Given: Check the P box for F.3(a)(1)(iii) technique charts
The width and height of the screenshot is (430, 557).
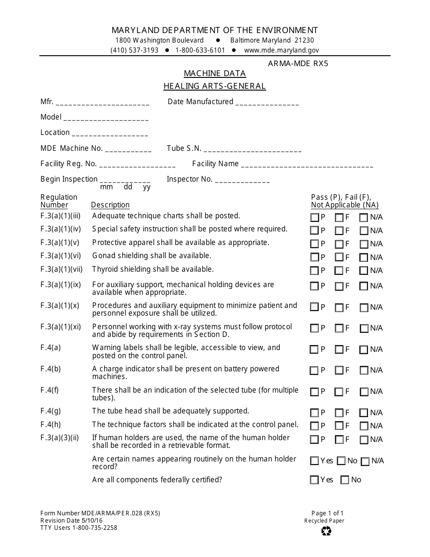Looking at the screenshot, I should pyautogui.click(x=315, y=218).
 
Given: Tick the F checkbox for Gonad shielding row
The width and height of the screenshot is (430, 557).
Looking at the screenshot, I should pyautogui.click(x=339, y=258).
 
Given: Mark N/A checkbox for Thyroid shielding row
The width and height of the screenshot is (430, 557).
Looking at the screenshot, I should pyautogui.click(x=363, y=271).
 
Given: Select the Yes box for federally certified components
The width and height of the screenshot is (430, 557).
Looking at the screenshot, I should pyautogui.click(x=315, y=480).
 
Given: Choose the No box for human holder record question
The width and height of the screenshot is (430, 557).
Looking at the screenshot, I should pyautogui.click(x=342, y=461).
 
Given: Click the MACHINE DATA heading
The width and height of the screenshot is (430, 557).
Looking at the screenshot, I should pyautogui.click(x=215, y=73).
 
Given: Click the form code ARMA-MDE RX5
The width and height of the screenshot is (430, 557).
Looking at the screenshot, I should pyautogui.click(x=298, y=63).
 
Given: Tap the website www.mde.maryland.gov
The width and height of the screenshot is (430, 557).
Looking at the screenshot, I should pyautogui.click(x=282, y=50).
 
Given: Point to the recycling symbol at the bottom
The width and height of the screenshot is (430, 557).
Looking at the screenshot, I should pyautogui.click(x=326, y=531).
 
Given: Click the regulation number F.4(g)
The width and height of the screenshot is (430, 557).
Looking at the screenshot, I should pyautogui.click(x=50, y=411).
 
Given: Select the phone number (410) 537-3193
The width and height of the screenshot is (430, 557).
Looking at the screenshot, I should pyautogui.click(x=134, y=50).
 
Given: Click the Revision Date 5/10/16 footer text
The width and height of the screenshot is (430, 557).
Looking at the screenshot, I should pyautogui.click(x=72, y=520).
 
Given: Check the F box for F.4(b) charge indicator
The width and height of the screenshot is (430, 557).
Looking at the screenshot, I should pyautogui.click(x=339, y=371).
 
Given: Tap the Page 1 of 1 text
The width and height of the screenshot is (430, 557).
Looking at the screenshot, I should pyautogui.click(x=327, y=513).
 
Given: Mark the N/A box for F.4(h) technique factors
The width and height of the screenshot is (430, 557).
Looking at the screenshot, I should pyautogui.click(x=363, y=426).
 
